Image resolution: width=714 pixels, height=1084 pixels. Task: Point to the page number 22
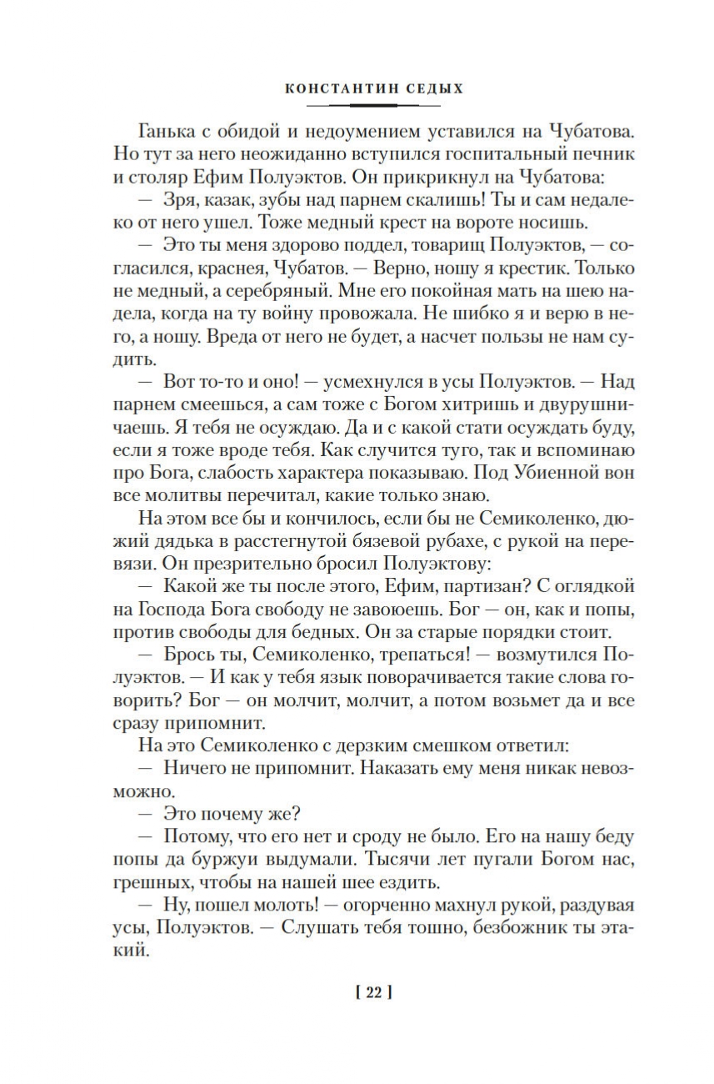coord(372,992)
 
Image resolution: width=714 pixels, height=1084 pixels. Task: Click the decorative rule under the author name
coord(372,106)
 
